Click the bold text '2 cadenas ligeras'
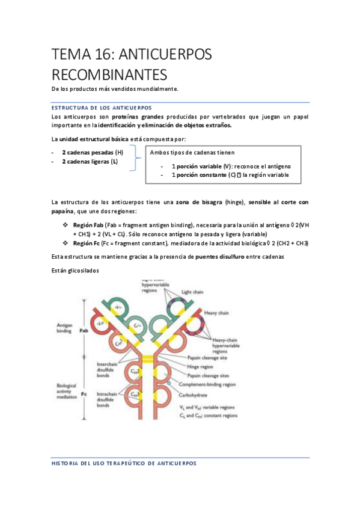[x=85, y=162]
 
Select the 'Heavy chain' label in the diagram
[x=231, y=312]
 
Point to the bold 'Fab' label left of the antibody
[x=85, y=330]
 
